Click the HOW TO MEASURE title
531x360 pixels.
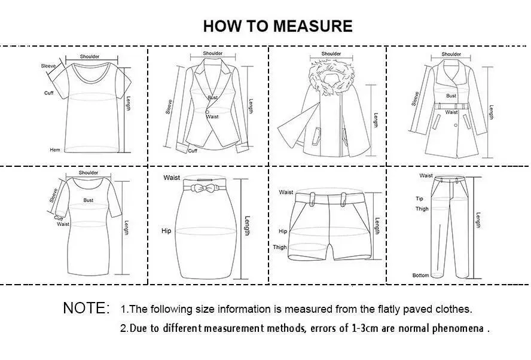277,26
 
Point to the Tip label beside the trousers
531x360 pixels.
419,199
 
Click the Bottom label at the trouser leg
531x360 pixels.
421,275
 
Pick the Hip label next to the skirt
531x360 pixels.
166,230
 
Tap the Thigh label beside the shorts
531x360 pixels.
280,247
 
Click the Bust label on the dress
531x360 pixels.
89,200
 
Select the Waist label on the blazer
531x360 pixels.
213,117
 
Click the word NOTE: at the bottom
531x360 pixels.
87,309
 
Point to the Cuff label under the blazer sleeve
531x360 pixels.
193,151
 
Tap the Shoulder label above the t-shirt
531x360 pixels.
90,56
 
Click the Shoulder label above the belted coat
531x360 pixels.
451,54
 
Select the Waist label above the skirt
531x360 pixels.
172,178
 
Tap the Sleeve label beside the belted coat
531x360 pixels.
415,99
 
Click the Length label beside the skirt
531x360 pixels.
246,225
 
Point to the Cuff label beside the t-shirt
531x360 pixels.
49,93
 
